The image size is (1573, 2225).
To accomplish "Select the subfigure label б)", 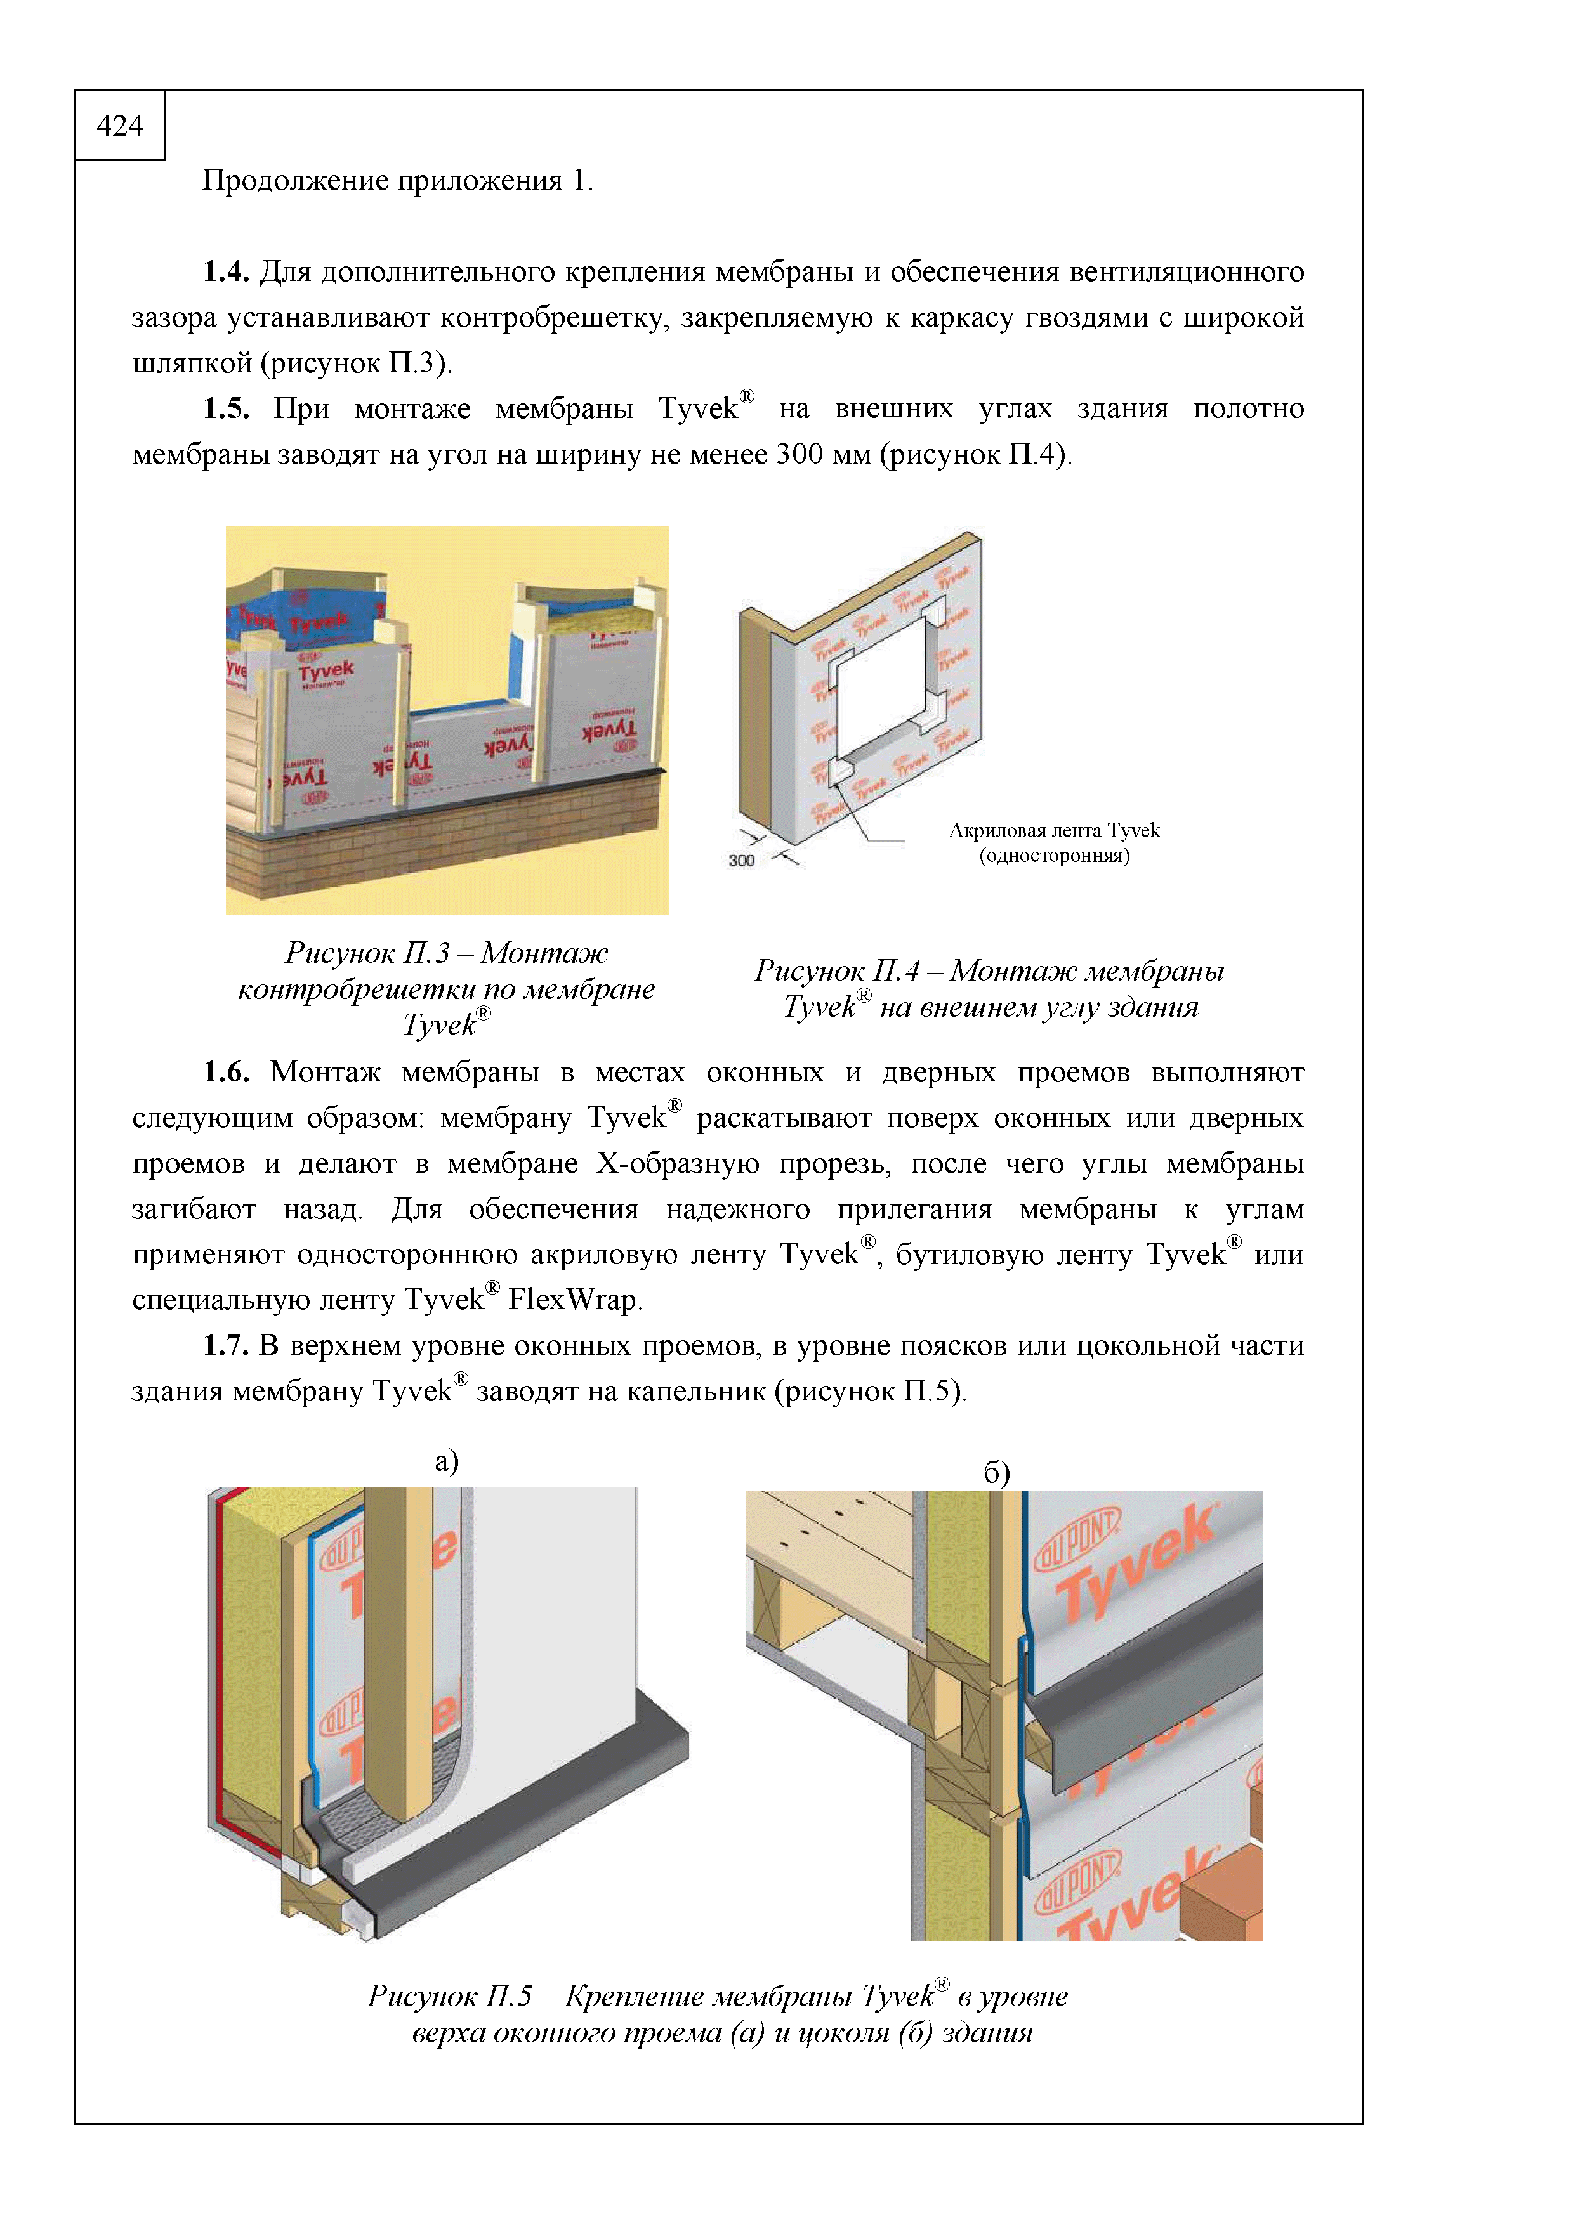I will pos(996,1473).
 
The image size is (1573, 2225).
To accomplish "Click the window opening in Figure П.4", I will pos(882,688).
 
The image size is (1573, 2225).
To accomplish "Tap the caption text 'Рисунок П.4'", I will pos(836,971).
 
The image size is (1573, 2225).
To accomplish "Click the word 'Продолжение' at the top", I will pos(285,181).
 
